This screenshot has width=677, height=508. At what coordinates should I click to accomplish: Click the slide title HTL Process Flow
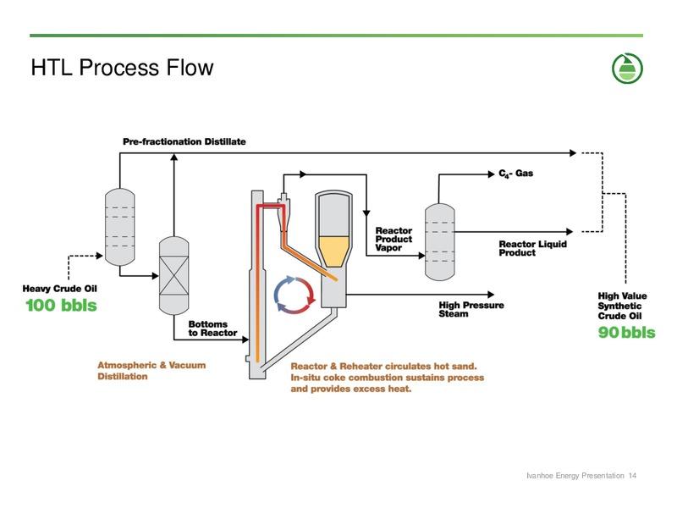pos(122,68)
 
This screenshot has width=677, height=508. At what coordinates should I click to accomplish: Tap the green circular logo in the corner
pos(627,69)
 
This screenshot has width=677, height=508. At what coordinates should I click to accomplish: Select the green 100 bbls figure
pos(61,306)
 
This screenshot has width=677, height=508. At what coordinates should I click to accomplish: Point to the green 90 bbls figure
pos(626,332)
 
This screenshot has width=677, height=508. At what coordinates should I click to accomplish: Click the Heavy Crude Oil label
pos(59,289)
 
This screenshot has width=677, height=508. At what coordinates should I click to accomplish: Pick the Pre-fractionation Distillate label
pos(184,141)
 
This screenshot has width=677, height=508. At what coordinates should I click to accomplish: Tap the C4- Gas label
pos(516,174)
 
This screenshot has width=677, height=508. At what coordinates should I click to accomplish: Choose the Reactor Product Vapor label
pos(394,240)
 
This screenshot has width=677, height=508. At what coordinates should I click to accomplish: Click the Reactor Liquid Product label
pos(533,248)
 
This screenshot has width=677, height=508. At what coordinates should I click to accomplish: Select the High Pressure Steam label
pos(471,309)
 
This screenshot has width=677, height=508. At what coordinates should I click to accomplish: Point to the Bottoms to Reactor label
pos(212,329)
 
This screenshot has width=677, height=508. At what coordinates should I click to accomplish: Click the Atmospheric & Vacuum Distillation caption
pos(151,371)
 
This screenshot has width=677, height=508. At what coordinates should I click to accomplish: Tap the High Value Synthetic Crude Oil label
pos(622,306)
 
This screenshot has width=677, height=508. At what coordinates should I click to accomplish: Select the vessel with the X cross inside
pos(174,275)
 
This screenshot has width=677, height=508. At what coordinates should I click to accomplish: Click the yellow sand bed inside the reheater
pos(333,251)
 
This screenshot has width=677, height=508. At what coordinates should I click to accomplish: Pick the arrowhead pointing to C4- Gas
pos(491,174)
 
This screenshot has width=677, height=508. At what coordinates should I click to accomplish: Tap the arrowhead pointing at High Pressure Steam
pos(491,295)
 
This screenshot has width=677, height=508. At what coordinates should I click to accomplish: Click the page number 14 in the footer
pos(632,476)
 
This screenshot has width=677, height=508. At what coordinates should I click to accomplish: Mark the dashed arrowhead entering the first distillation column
pos(100,256)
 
